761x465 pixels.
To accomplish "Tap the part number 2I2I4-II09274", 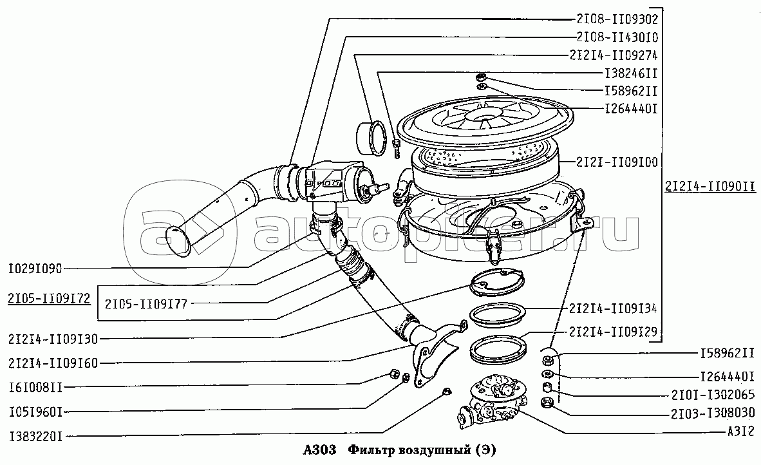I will tap(612, 55).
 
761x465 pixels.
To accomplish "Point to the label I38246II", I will tap(630, 73).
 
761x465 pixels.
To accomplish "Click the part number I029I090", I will tap(36, 267).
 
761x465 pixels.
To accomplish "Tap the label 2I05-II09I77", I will tap(146, 303).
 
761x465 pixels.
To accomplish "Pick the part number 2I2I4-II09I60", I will tap(53, 363).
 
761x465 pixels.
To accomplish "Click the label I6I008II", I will tap(36, 387).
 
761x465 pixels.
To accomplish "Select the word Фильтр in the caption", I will tap(371, 450).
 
